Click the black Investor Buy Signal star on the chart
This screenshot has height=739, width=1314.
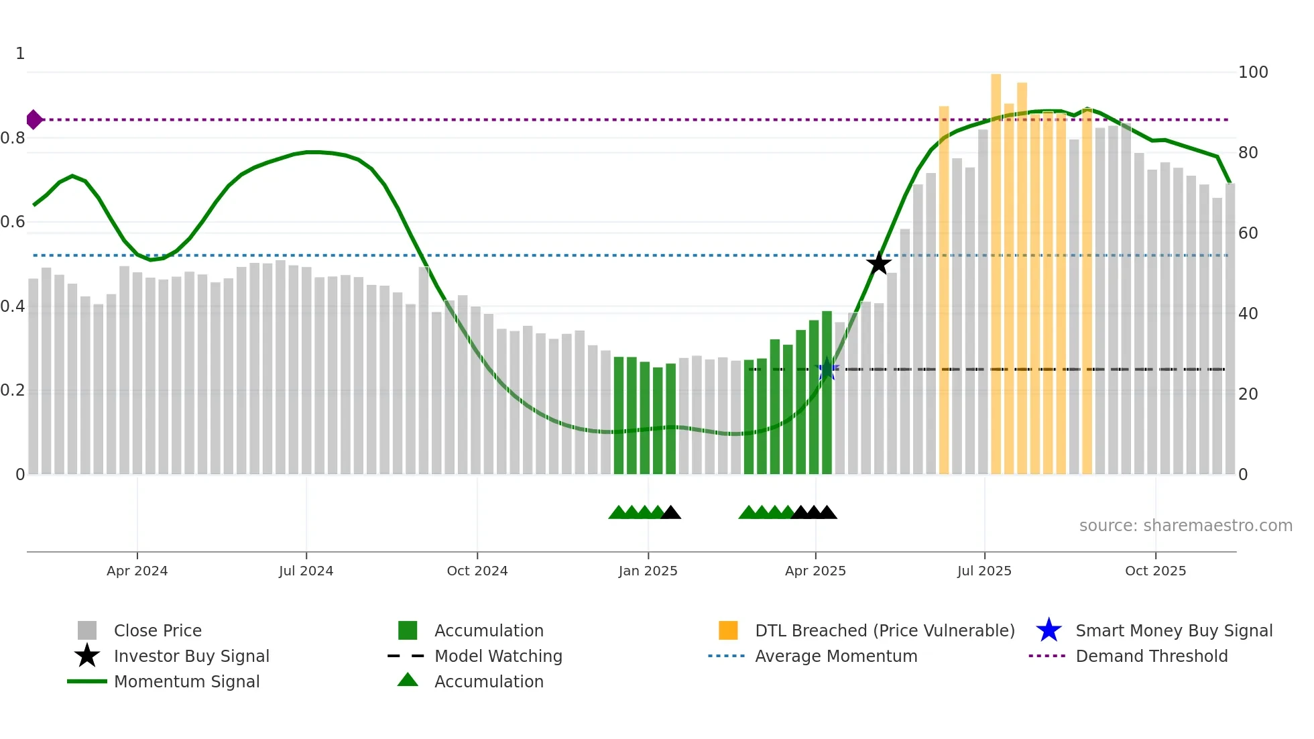tap(878, 264)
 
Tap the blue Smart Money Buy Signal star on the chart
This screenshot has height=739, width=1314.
tap(828, 369)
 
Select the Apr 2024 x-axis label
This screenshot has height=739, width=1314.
tap(137, 571)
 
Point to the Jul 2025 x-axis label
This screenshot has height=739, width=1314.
tap(984, 571)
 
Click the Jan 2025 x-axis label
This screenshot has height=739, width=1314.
tap(648, 571)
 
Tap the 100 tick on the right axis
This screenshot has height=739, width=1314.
tap(1253, 72)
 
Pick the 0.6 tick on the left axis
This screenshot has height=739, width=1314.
tap(12, 222)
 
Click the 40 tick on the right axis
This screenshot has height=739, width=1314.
tap(1248, 314)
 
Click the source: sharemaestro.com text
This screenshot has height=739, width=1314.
tap(1185, 526)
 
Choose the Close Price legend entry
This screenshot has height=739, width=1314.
tap(158, 630)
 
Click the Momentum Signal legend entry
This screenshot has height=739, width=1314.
tap(186, 681)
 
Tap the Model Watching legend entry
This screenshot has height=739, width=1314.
tap(498, 656)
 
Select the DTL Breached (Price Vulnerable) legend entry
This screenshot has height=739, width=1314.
tap(884, 630)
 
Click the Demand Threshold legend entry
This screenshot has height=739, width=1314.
tap(1151, 656)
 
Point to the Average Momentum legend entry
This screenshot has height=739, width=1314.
tap(836, 656)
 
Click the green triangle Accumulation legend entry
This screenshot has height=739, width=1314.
tap(489, 681)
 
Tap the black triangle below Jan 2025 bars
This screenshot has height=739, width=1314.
tap(670, 513)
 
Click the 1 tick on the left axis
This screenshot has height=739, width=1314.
tap(20, 54)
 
